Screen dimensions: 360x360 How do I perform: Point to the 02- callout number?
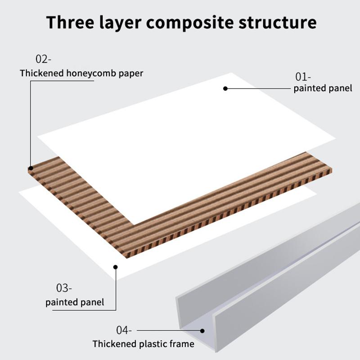click(44, 59)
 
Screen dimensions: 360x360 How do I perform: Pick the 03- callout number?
click(64, 288)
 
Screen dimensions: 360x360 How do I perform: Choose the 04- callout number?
click(124, 330)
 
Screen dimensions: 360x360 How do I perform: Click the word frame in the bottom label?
click(182, 344)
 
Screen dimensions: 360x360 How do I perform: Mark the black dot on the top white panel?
click(225, 89)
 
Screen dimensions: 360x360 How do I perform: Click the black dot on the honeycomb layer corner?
click(31, 168)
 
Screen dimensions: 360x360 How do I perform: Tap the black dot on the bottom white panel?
click(116, 267)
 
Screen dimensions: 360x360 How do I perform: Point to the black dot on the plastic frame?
click(202, 331)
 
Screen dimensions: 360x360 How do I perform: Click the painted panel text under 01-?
click(323, 88)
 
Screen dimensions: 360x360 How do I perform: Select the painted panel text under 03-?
click(75, 302)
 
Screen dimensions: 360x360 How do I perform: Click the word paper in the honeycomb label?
click(131, 73)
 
